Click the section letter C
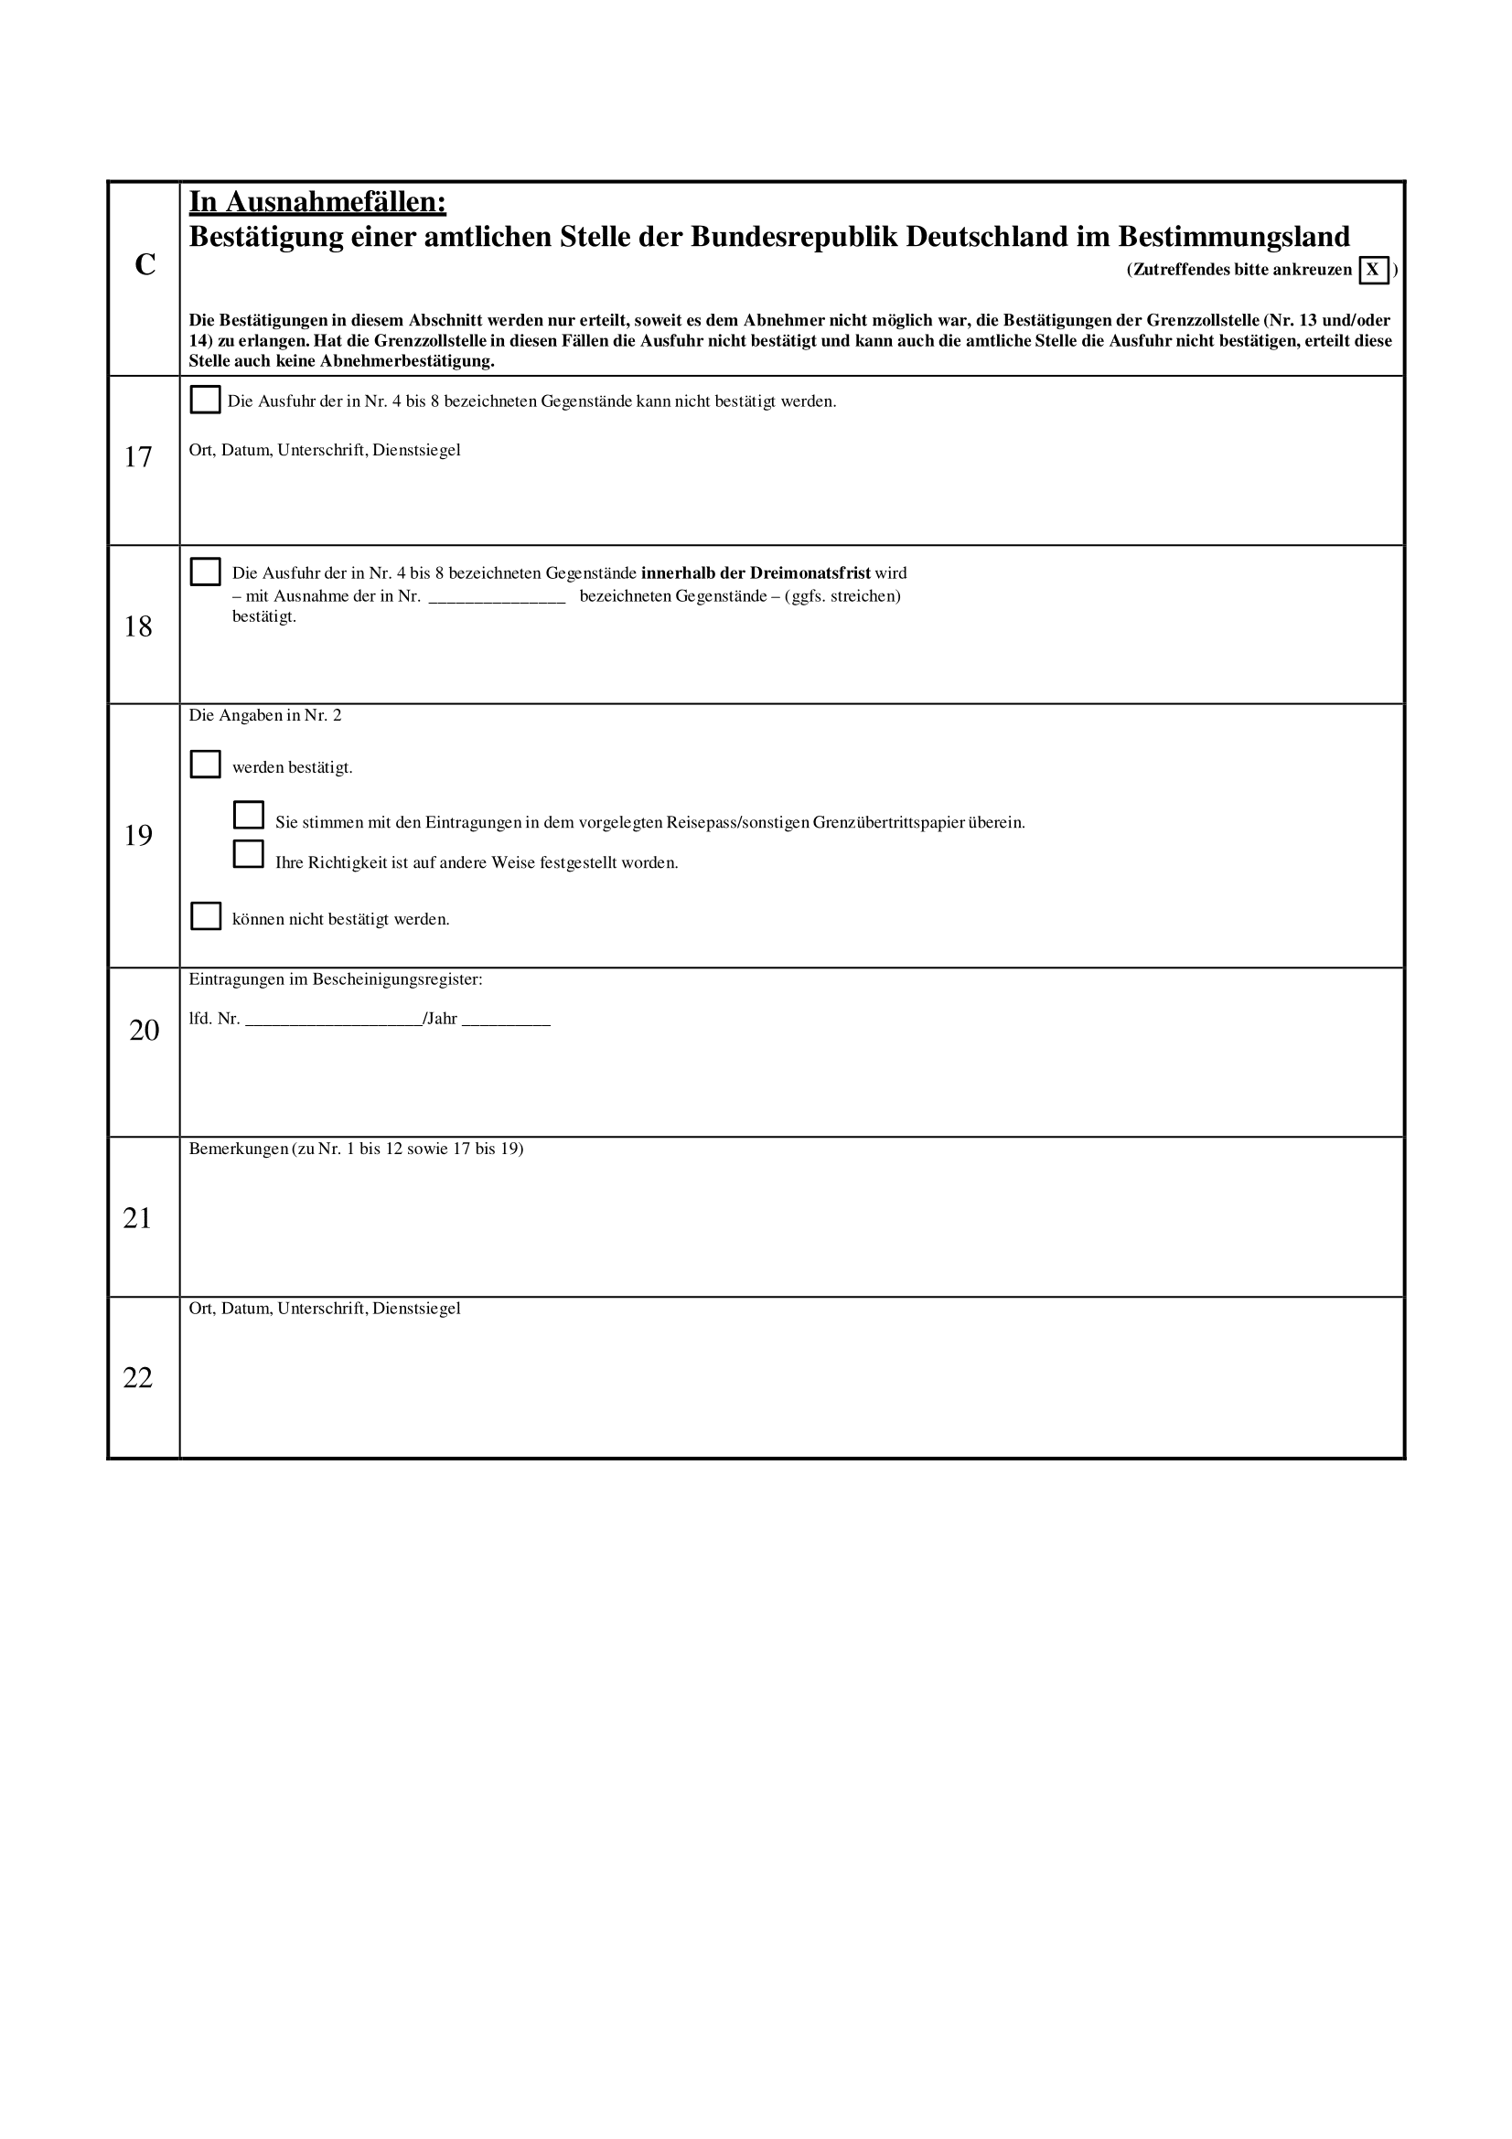point(145,265)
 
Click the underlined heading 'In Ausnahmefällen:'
point(317,201)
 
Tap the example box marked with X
point(1373,270)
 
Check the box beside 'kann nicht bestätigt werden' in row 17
point(205,401)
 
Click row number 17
point(138,457)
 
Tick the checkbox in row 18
point(205,572)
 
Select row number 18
point(138,627)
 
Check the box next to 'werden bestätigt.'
point(205,765)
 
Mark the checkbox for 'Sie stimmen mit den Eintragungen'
point(249,816)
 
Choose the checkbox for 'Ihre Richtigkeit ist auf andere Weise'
point(249,855)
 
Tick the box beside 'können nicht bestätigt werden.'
point(205,916)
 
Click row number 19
point(138,837)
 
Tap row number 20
point(145,1031)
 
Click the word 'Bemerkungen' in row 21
point(239,1150)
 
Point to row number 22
point(138,1378)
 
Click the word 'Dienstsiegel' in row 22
point(416,1309)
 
